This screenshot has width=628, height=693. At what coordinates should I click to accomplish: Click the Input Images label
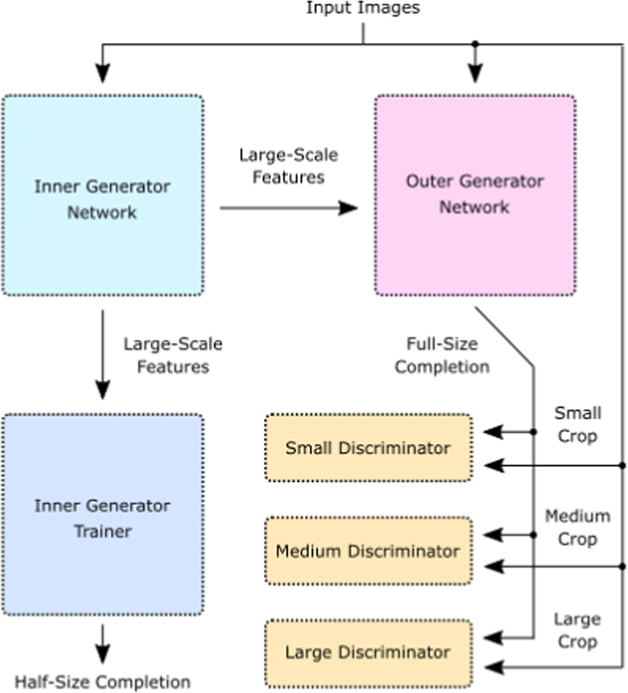[363, 9]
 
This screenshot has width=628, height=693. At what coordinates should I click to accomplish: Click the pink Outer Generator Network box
[475, 195]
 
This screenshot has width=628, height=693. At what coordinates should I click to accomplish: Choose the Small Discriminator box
[368, 448]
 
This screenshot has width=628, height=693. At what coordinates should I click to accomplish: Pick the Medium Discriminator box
[368, 552]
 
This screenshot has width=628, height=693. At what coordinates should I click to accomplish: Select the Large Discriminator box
[368, 653]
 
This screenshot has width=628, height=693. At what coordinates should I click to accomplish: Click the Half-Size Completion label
[102, 682]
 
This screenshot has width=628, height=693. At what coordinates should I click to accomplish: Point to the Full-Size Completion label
[441, 355]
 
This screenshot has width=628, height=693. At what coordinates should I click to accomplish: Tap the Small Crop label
[577, 424]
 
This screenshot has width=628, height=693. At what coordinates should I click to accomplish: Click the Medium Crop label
[578, 527]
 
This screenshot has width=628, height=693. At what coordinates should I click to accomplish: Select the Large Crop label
[577, 629]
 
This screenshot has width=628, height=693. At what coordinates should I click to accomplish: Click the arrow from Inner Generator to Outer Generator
[289, 208]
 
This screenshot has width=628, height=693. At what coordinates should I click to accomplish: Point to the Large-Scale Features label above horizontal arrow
[288, 166]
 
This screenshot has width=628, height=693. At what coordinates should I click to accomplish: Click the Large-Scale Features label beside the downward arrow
[173, 355]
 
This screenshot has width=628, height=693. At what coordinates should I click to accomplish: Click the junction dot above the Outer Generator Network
[475, 44]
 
